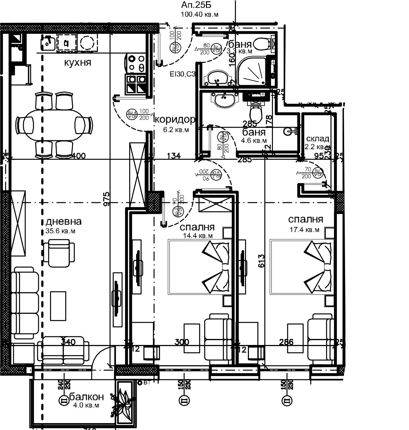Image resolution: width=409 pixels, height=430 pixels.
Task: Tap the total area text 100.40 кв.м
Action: point(199,14)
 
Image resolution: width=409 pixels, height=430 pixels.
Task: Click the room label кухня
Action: point(78,63)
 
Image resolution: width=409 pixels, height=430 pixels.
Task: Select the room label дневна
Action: point(64,221)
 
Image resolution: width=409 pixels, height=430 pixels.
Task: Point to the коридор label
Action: point(174,120)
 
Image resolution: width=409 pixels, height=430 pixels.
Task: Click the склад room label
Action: point(318,139)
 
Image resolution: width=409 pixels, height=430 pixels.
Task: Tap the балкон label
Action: point(86,396)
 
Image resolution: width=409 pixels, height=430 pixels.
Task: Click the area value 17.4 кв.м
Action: point(305,230)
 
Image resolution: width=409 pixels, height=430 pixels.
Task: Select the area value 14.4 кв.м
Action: point(198,236)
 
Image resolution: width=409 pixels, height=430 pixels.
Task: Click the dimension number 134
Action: point(174,156)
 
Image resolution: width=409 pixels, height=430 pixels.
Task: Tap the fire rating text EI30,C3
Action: point(183,75)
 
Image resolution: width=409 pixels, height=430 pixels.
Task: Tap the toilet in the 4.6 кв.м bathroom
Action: point(256,114)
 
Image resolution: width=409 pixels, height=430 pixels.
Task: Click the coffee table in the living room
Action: point(58,306)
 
